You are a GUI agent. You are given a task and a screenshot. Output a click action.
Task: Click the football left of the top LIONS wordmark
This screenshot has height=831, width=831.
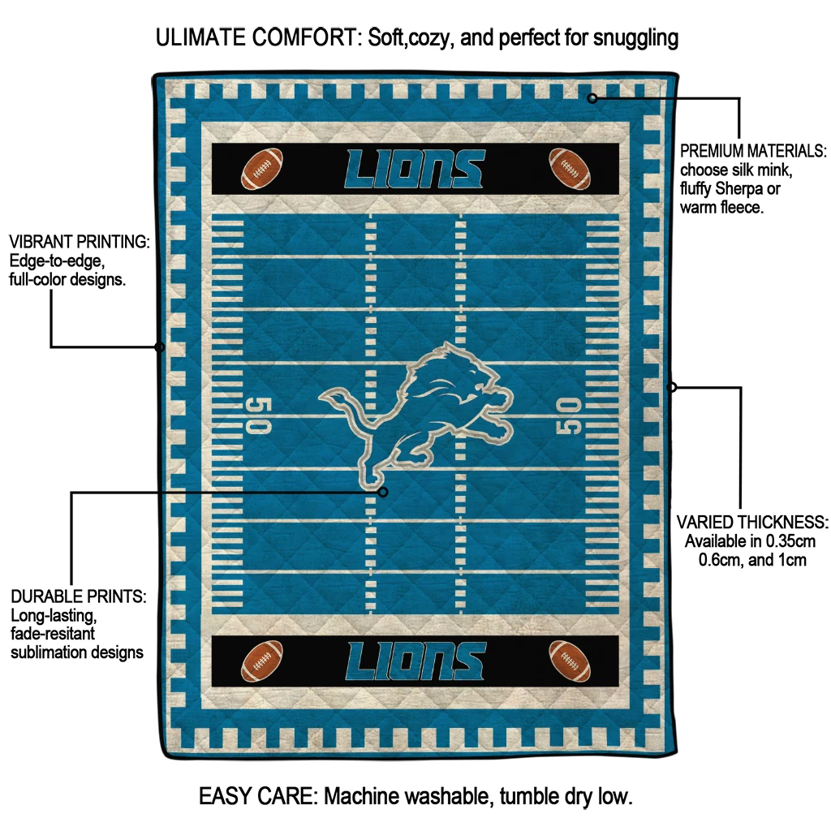point(262,169)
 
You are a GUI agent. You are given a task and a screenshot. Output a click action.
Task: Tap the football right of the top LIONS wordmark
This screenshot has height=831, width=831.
point(570,169)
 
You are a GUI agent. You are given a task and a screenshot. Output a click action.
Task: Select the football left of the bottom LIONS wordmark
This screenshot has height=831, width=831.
point(262,661)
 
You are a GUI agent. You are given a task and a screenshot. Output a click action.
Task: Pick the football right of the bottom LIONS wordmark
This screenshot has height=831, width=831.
point(570,661)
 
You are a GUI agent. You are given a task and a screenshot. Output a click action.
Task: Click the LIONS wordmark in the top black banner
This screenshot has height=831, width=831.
point(415,169)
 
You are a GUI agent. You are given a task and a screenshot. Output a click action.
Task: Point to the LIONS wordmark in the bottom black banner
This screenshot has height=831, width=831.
point(415,661)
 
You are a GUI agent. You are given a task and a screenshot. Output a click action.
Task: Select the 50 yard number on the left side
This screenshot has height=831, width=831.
point(259,415)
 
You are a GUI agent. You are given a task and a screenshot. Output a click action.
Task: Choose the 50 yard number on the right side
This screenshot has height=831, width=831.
point(569,415)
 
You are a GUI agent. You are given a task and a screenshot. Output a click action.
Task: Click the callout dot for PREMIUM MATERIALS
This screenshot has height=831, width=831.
point(592,98)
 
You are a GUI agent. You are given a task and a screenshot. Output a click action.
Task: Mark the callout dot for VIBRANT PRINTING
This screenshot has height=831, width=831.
point(160,347)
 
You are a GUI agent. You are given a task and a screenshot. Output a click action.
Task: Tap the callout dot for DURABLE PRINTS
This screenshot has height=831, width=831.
point(383,493)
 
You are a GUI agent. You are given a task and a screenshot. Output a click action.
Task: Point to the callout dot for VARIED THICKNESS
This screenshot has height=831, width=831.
point(671,387)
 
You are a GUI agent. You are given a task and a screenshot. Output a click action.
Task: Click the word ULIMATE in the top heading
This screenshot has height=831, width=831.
point(201,37)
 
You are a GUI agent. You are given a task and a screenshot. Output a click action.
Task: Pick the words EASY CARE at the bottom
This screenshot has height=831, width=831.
point(256,796)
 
